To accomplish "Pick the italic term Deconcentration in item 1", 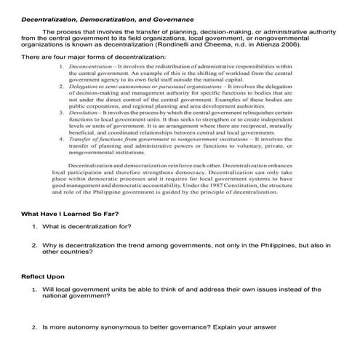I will click(x=92, y=66).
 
